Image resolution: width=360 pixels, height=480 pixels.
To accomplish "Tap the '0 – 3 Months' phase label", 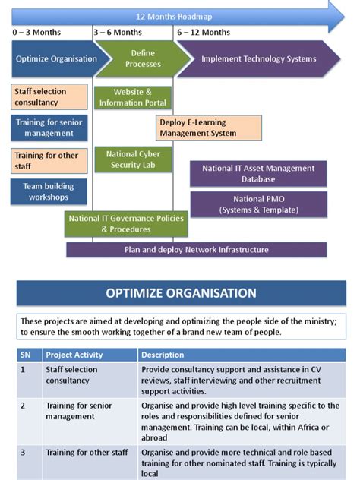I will tap(36, 33).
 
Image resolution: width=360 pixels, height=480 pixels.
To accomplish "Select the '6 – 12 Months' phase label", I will tap(204, 33).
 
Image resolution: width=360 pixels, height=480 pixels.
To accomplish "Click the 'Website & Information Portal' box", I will tap(133, 97).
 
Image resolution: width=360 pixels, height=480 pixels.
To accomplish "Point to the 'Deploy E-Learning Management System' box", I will tap(209, 128).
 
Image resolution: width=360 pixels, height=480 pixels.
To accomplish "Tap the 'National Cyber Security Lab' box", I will tap(133, 159).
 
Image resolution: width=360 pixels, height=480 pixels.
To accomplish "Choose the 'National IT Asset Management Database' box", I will tap(259, 173).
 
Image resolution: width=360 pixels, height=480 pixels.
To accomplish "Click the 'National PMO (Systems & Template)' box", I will tap(259, 204).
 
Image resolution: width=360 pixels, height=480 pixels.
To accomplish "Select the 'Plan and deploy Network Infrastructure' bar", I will tap(196, 249).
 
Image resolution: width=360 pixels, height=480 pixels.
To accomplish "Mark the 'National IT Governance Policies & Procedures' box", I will tap(126, 223).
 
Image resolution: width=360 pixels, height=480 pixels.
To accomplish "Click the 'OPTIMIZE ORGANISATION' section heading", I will tap(181, 293).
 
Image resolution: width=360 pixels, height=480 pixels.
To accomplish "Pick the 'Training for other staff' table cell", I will tap(88, 453).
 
